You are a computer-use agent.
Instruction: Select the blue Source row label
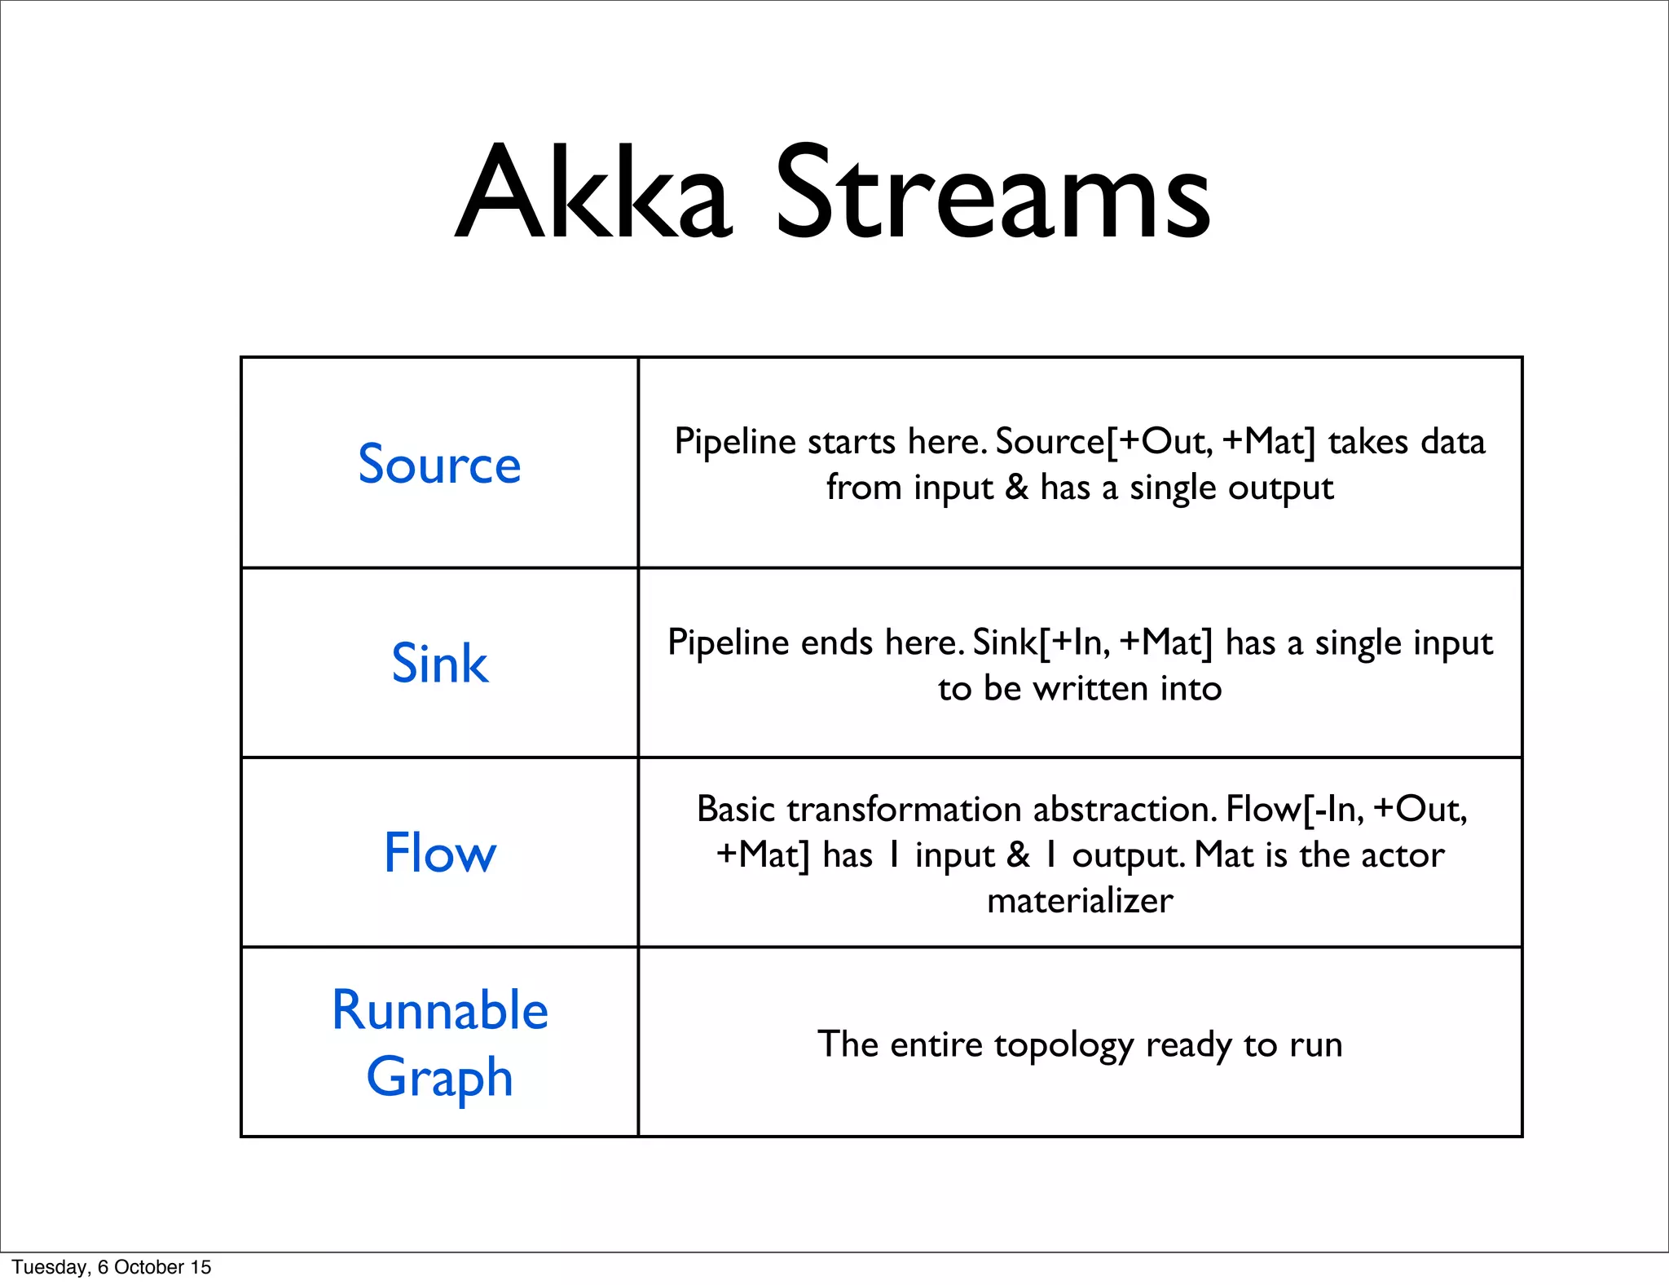pos(439,464)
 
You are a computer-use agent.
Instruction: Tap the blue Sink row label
pos(439,663)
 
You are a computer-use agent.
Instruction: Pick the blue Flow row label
pos(439,853)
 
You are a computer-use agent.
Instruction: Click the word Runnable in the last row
pos(439,1010)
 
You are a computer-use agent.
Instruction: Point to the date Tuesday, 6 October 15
pos(112,1267)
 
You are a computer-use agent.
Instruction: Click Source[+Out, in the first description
pos(1104,442)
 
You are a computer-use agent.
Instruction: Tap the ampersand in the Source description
pos(1016,488)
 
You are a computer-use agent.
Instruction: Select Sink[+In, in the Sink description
pos(1041,642)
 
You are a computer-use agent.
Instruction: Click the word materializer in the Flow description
pos(1080,901)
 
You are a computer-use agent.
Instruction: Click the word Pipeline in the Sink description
pos(729,642)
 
